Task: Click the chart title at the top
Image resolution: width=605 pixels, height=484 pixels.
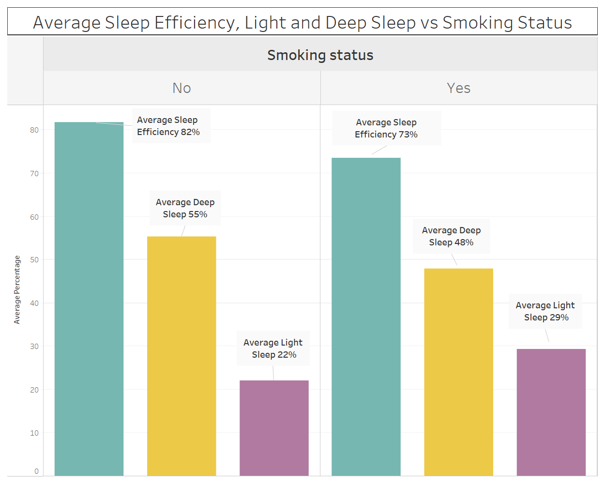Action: (302, 23)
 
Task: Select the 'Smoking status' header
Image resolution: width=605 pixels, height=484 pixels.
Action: (320, 55)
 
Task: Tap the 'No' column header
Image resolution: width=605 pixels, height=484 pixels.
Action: (181, 88)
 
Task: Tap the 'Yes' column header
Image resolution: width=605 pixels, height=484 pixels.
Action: (458, 88)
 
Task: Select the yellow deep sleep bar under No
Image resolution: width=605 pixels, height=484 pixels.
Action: (181, 356)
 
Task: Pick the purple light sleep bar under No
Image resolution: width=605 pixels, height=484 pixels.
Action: (274, 428)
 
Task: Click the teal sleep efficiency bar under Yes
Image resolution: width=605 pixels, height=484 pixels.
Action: (366, 317)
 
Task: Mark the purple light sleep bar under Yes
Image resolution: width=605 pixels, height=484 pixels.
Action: (551, 412)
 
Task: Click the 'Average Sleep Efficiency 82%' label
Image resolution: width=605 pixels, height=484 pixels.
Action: (168, 126)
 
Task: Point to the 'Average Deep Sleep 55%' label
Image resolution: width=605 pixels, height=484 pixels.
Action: (185, 208)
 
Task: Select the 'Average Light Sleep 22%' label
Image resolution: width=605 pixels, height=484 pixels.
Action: (273, 348)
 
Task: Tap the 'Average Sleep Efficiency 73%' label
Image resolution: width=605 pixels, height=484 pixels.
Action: (386, 128)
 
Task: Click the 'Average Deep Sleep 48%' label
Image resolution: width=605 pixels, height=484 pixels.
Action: (451, 236)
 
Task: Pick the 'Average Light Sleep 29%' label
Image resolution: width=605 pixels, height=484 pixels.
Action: (545, 311)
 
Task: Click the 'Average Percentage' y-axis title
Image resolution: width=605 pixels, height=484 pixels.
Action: (17, 289)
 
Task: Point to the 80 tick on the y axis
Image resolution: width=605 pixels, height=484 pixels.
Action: (34, 130)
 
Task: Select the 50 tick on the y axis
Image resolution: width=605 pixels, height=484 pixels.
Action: (34, 260)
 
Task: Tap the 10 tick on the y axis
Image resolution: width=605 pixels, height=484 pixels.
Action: (34, 433)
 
